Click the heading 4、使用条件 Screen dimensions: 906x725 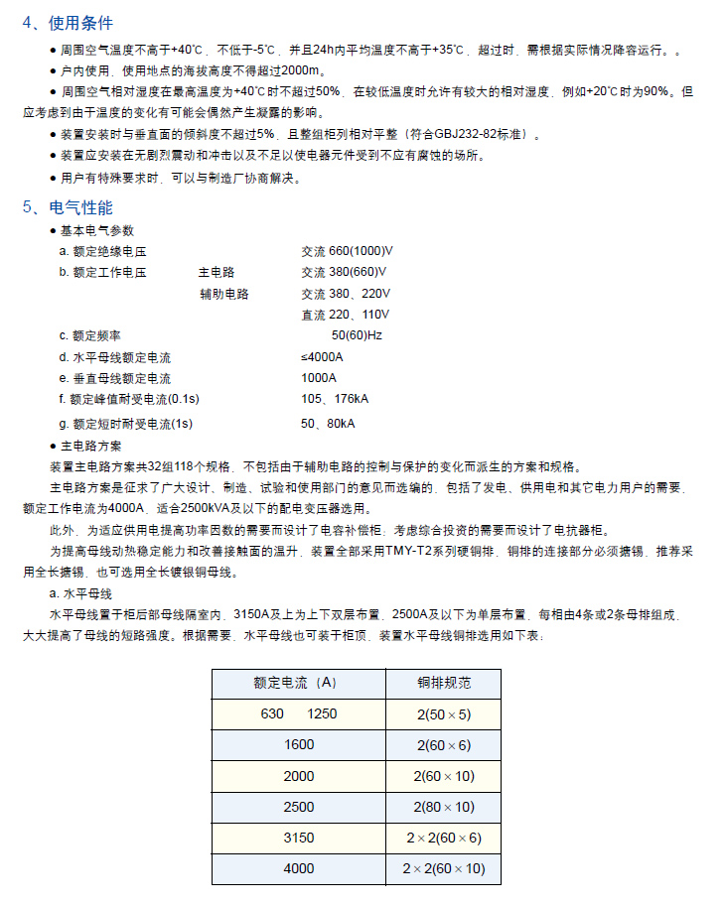[x=69, y=23]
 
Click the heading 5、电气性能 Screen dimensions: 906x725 [x=69, y=207]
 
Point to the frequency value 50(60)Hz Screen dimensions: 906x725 [x=357, y=335]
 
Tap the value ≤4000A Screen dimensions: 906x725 [x=322, y=357]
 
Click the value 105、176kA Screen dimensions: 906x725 [x=335, y=399]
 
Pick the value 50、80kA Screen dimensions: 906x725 [x=328, y=424]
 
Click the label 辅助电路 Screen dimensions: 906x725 [x=223, y=294]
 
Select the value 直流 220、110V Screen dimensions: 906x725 [x=346, y=315]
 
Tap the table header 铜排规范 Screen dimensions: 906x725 [x=444, y=682]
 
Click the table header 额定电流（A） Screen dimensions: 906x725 [x=297, y=682]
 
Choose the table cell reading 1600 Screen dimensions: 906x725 [x=298, y=744]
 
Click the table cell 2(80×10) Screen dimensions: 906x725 [x=444, y=807]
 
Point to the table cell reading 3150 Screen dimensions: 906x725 [x=298, y=838]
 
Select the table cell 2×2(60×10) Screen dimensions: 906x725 [x=444, y=868]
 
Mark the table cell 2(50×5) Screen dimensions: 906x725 [x=444, y=713]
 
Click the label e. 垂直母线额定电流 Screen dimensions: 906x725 [x=114, y=378]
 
